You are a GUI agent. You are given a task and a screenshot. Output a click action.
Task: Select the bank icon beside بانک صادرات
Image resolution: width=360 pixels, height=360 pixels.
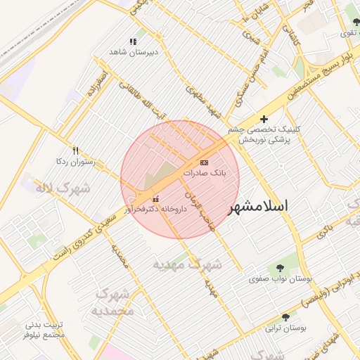point(204,162)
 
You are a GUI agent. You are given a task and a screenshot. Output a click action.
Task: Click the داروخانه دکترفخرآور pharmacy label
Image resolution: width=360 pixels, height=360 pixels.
point(155,209)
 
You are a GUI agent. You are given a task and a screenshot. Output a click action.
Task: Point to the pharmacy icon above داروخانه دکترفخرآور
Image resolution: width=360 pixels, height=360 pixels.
point(155,199)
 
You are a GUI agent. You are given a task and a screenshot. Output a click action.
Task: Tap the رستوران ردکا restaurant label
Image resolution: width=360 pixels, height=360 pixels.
point(75,161)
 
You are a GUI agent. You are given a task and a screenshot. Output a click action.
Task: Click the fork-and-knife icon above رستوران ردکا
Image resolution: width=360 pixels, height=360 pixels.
point(76,150)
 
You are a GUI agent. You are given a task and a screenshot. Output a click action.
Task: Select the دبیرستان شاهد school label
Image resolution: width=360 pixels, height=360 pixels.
point(134,52)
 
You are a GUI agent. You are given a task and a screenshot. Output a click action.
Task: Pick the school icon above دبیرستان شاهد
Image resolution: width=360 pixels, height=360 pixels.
point(134,41)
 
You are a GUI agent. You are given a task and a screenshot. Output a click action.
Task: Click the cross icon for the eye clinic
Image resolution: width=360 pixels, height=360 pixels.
point(264,120)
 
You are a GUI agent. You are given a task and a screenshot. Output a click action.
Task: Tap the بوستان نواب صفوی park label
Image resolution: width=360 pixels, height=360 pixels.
point(281,278)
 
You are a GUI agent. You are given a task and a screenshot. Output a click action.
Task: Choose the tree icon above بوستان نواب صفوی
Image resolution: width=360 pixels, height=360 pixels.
point(281,268)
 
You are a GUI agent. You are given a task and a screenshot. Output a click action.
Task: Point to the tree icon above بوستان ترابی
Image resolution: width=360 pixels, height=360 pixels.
point(285,317)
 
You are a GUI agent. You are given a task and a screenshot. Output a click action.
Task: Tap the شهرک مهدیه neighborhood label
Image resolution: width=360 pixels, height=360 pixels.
point(188,264)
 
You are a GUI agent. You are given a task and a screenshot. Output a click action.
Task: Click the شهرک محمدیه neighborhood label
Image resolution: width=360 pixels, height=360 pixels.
point(112,301)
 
